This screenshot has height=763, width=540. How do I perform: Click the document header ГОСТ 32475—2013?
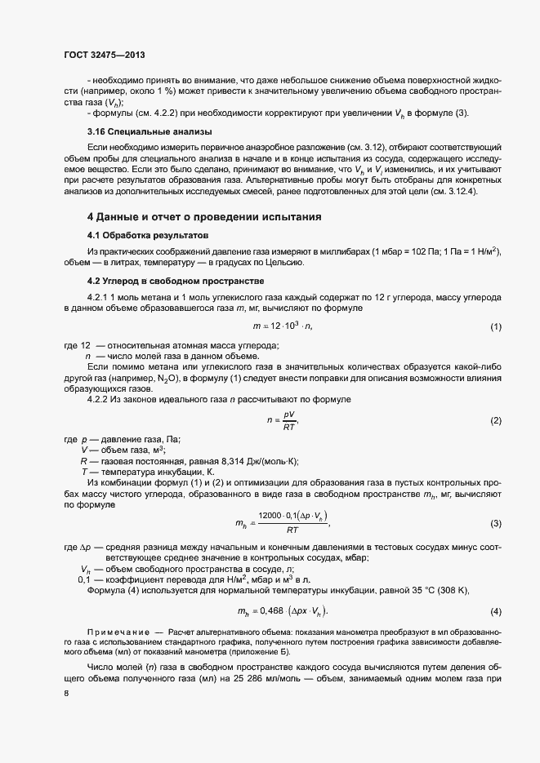tap(104, 54)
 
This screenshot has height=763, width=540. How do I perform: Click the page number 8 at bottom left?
tap(66, 694)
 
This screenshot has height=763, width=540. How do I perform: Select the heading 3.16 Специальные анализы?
tap(138, 131)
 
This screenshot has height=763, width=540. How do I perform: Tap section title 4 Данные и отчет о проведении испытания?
tap(204, 217)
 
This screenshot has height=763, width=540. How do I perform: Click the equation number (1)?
tap(495, 327)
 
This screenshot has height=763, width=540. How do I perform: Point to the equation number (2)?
tap(495, 420)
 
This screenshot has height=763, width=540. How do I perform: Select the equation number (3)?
tap(495, 523)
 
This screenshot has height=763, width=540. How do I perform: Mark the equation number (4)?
tap(495, 612)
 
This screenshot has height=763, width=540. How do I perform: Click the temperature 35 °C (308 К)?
tap(461, 589)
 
